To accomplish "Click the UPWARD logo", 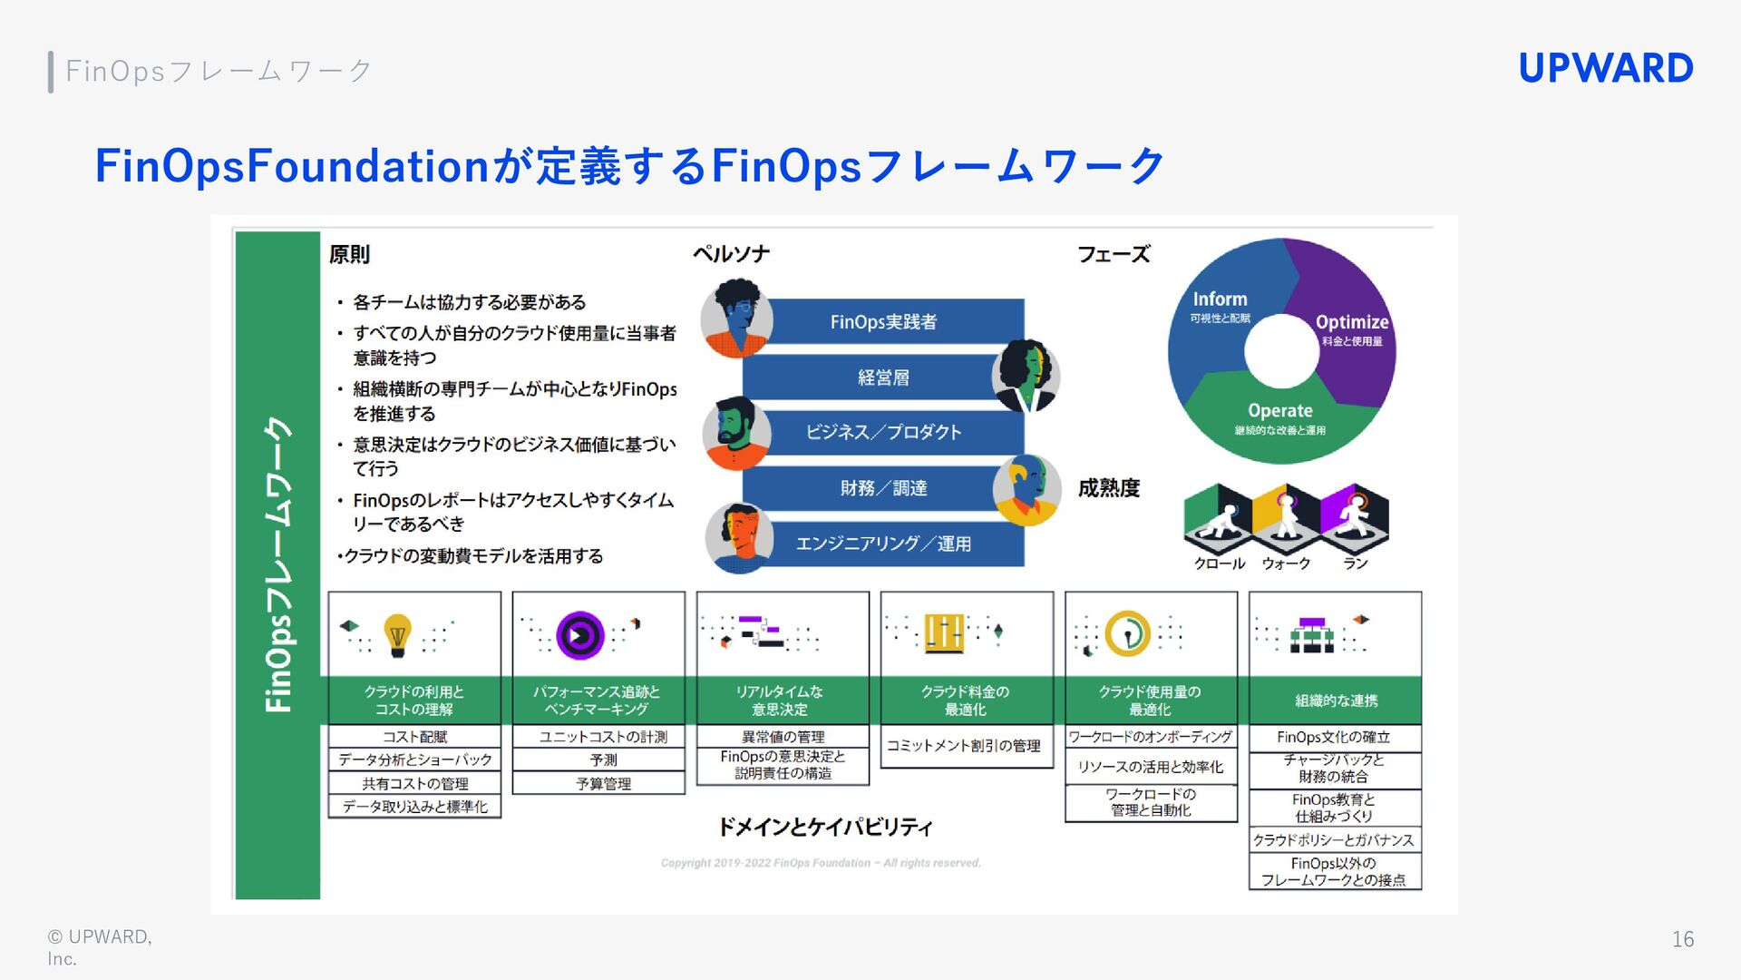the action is (x=1605, y=69).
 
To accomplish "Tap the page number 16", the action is (x=1682, y=939).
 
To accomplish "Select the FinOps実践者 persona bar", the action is (x=884, y=322).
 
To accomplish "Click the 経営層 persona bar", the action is (x=883, y=377).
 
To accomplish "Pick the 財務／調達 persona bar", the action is (x=883, y=488).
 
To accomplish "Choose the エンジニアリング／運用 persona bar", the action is (x=883, y=544).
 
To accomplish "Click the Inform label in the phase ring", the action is (x=1220, y=299).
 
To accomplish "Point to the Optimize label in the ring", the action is (x=1351, y=322).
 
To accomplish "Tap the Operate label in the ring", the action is (x=1279, y=411).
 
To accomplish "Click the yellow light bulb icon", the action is (x=397, y=634).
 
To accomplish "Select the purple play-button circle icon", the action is (x=580, y=634).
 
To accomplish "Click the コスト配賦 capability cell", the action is (x=414, y=737).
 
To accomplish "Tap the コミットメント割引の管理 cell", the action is (x=964, y=746).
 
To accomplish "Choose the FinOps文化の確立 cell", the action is (x=1333, y=737).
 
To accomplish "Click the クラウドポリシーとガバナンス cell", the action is (x=1333, y=840).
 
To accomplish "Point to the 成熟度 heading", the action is (x=1108, y=488).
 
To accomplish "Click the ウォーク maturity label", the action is (x=1286, y=563).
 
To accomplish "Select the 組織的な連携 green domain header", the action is (x=1335, y=701).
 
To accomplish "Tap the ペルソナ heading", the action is (x=731, y=254).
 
